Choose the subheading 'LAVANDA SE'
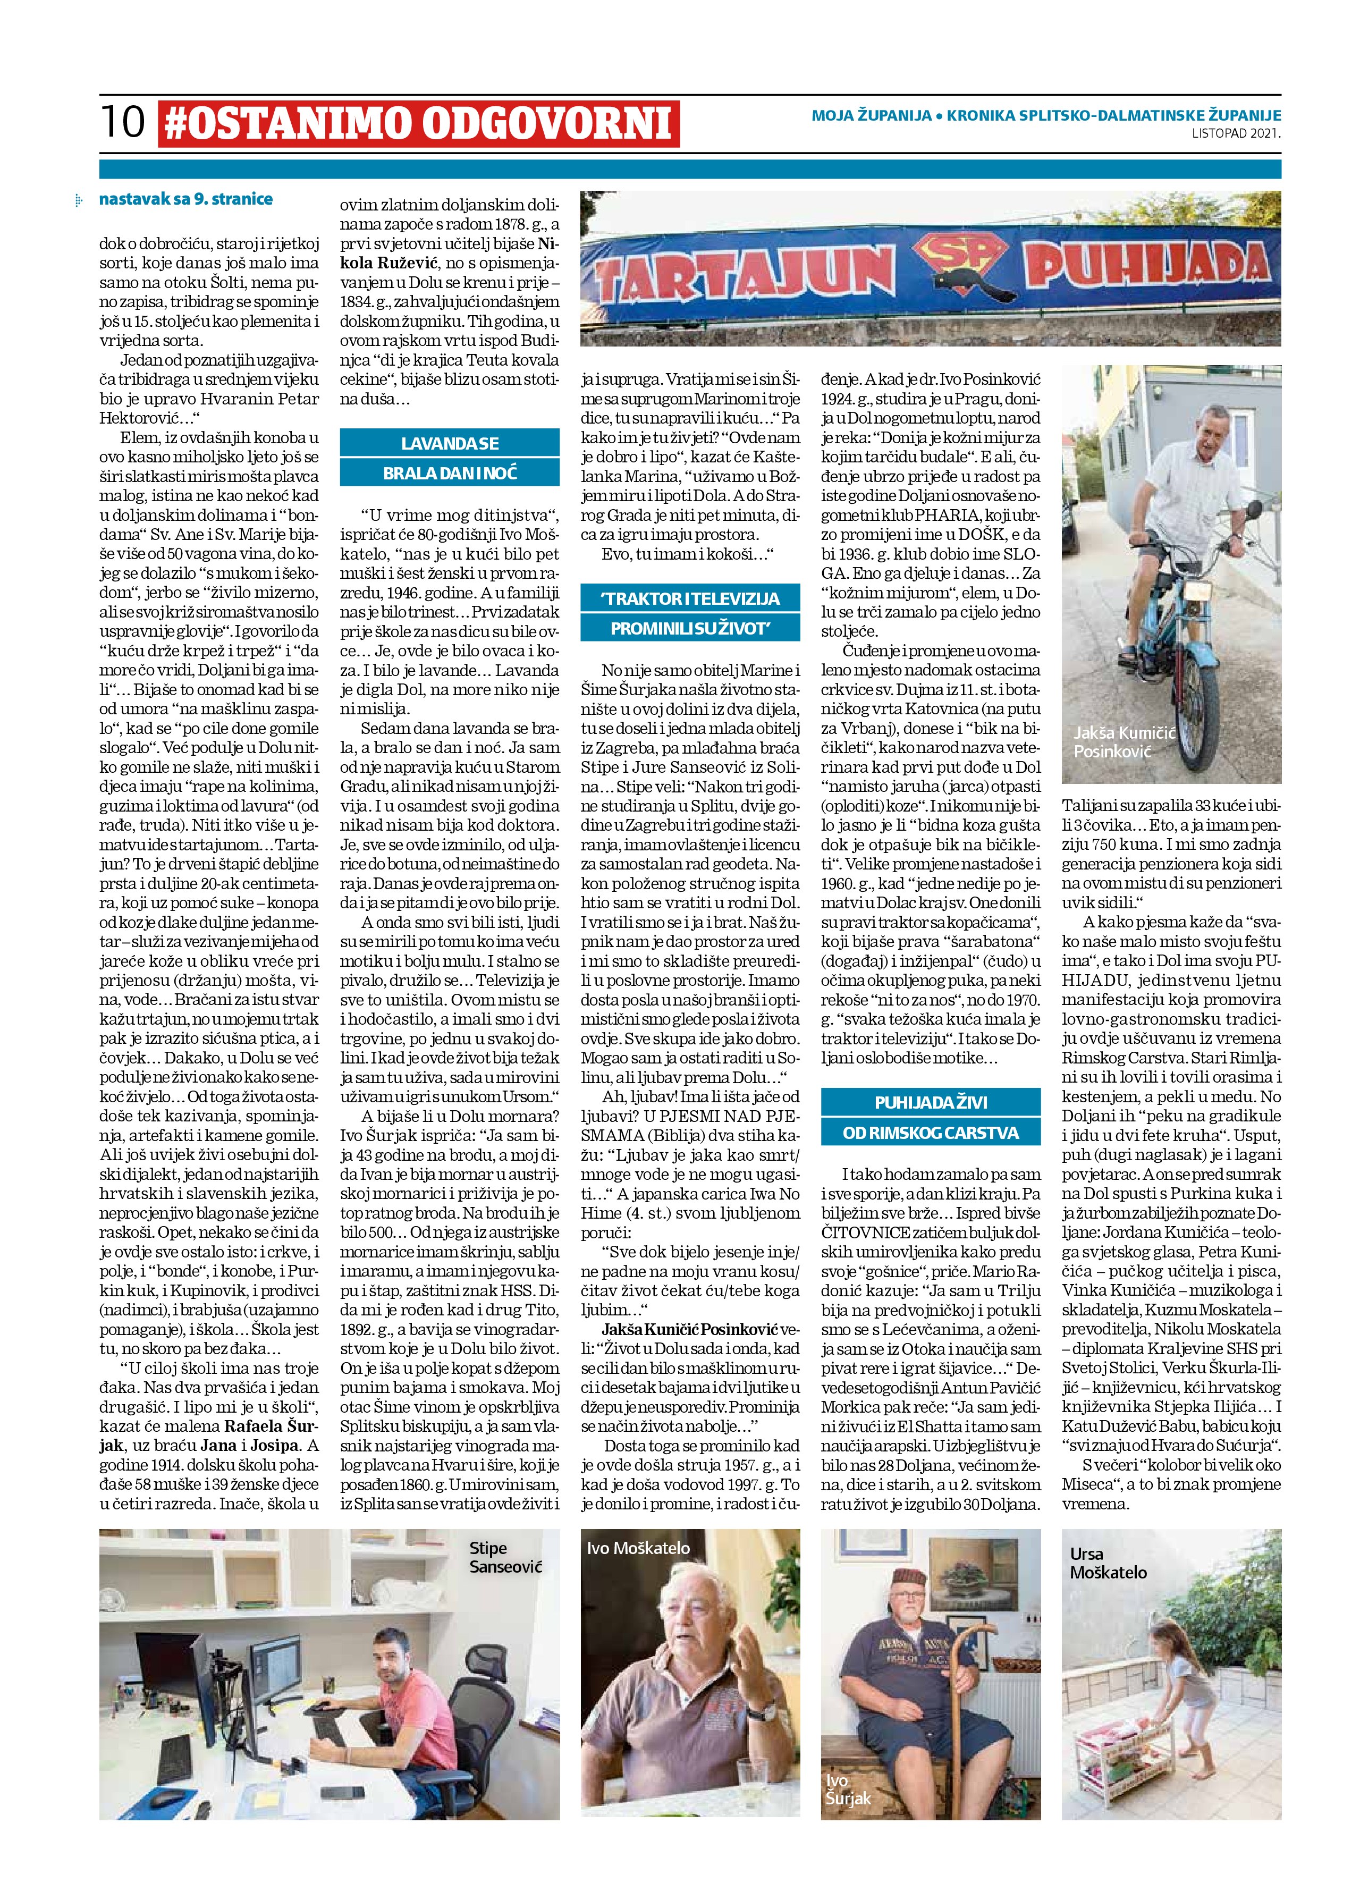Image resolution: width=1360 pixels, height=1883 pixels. point(449,443)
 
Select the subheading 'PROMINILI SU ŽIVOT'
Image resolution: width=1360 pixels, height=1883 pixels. point(690,629)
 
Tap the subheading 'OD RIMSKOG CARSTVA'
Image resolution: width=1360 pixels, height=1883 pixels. point(931,1133)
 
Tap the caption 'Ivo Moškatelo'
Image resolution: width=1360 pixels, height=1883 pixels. point(638,1548)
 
